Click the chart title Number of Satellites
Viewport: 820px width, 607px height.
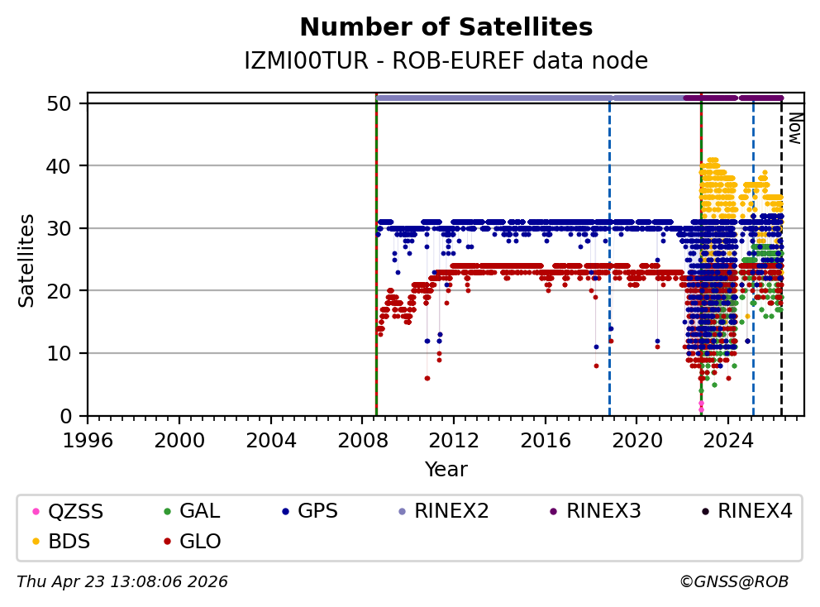click(446, 28)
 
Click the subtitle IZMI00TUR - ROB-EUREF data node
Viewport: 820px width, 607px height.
click(446, 61)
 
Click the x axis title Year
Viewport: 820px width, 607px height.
click(446, 470)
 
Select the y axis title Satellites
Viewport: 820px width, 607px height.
click(27, 260)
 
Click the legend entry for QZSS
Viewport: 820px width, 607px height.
click(75, 512)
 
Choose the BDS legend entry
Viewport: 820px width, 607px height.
click(69, 542)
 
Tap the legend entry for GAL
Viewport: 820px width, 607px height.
click(199, 512)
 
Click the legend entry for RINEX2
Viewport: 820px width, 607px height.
click(451, 512)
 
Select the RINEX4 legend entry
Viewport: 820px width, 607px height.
click(754, 512)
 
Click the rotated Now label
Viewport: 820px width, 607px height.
click(794, 128)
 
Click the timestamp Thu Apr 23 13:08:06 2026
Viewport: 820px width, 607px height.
click(122, 582)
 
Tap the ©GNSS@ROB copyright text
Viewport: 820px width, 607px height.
click(733, 582)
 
